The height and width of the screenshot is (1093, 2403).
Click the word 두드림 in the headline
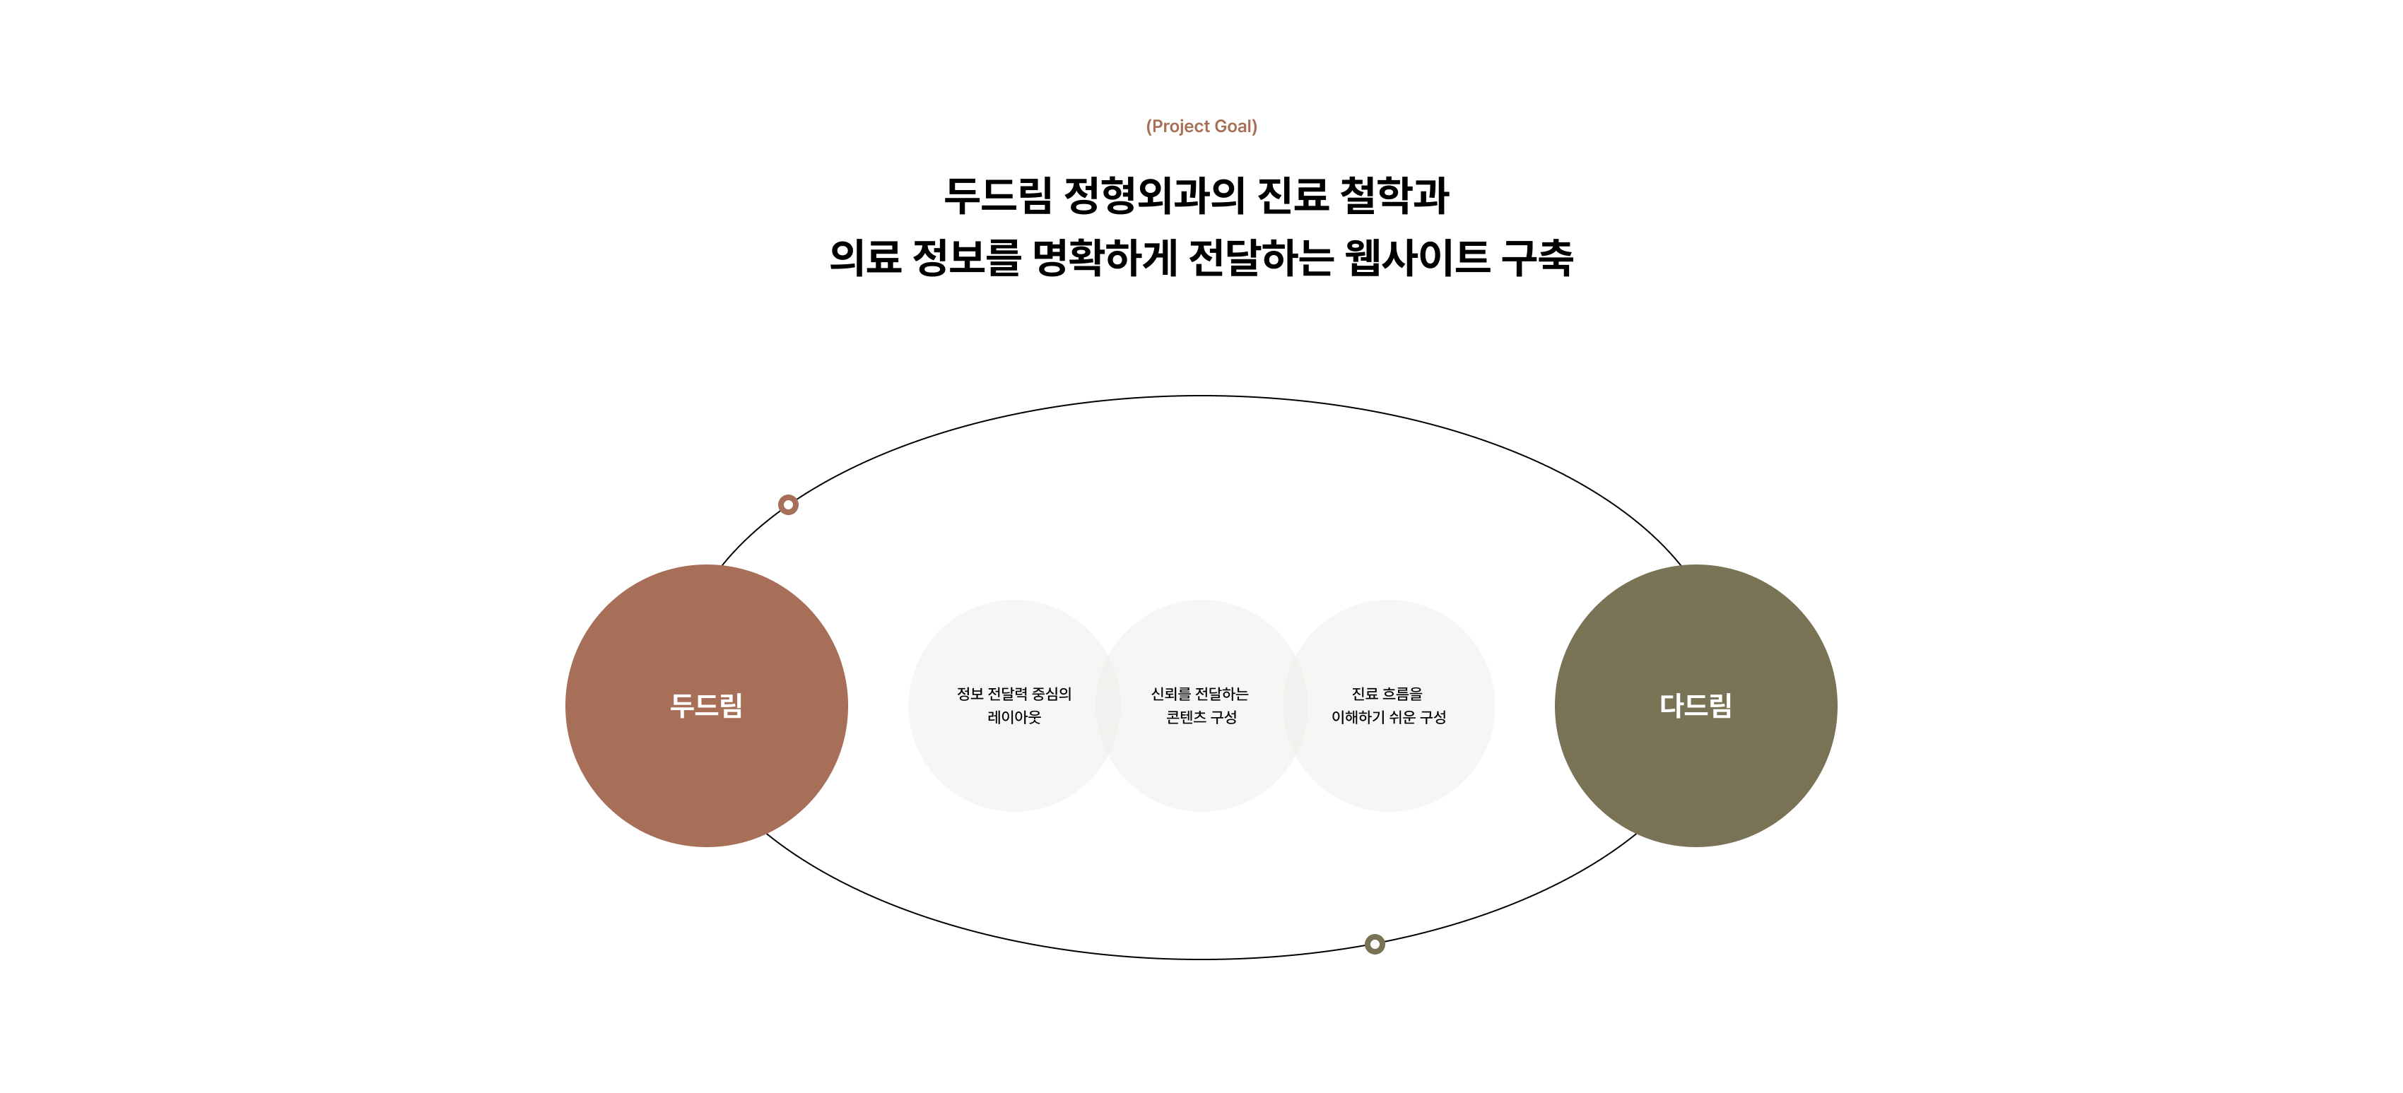[997, 196]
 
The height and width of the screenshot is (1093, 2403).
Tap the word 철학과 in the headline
[1394, 196]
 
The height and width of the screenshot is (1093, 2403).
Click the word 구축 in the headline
[1537, 257]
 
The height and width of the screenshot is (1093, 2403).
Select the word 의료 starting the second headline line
[865, 257]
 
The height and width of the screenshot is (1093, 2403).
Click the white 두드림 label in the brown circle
[706, 706]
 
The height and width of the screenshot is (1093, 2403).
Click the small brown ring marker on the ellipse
[788, 504]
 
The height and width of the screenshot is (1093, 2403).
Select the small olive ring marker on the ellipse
[1374, 944]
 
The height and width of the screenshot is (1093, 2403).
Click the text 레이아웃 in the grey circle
[1014, 717]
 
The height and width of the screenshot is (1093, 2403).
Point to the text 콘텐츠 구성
[1201, 717]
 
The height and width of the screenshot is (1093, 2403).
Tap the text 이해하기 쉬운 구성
[1388, 717]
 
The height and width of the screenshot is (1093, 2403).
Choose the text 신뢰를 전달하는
[1199, 694]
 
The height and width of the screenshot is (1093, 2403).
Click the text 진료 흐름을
[1387, 694]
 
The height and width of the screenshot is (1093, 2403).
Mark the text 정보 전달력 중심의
[1014, 694]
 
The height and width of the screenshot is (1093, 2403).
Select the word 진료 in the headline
[1292, 196]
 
